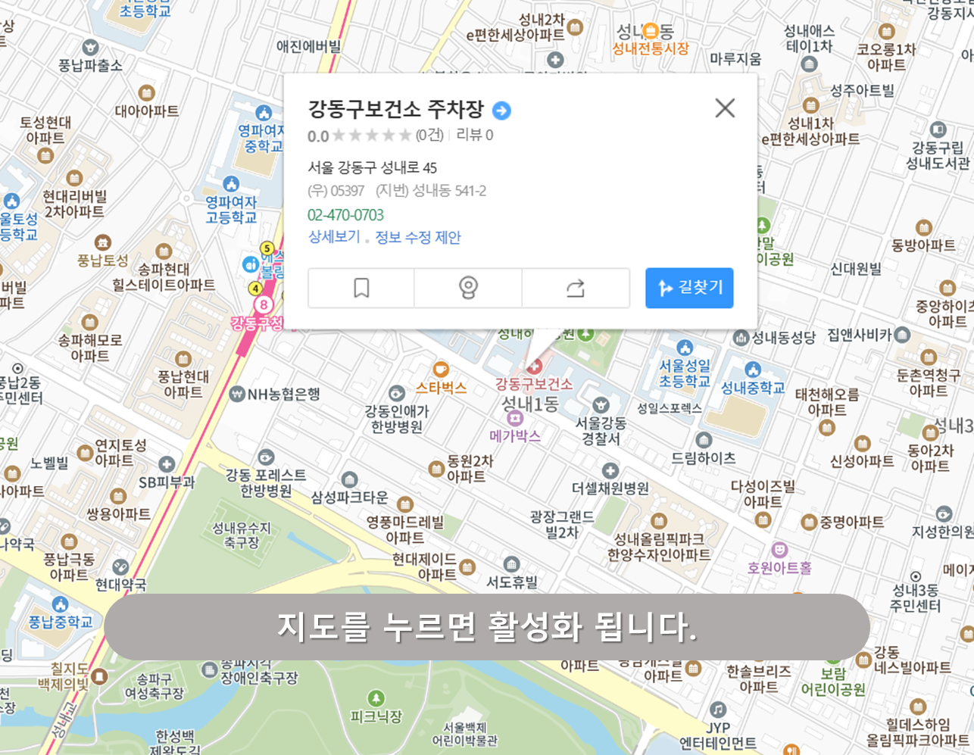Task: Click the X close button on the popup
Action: [725, 108]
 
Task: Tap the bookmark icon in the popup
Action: [361, 288]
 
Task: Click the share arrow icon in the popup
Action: [576, 288]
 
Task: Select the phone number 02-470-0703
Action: [345, 215]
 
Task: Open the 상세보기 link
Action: [334, 237]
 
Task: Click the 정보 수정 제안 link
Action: [418, 237]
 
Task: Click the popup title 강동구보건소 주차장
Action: [395, 109]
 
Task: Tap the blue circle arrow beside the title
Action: [501, 111]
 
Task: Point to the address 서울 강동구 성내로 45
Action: [372, 167]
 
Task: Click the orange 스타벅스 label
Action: [441, 388]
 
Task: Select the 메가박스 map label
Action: [515, 435]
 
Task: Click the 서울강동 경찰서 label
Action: [601, 430]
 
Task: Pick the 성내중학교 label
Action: [752, 388]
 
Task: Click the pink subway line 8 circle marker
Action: [263, 304]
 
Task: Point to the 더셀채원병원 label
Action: [610, 488]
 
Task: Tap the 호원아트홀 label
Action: [779, 567]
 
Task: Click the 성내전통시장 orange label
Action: [651, 48]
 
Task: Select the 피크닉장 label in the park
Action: [376, 716]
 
